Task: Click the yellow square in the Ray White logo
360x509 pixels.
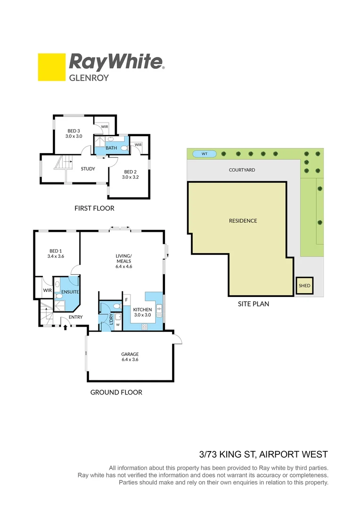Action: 51,67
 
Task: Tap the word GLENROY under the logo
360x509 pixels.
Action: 89,78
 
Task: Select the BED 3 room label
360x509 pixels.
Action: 74,131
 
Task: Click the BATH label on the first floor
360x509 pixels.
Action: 111,148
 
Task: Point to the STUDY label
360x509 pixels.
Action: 88,169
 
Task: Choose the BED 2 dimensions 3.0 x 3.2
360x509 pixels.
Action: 129,177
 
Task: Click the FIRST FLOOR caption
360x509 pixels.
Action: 94,208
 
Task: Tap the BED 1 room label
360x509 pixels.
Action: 56,251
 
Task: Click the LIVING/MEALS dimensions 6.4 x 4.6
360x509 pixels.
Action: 123,266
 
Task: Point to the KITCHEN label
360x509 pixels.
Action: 142,310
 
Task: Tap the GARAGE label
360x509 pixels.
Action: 129,354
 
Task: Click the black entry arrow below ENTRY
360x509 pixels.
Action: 65,326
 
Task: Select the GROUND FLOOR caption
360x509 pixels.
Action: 116,392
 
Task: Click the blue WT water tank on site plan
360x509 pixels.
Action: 205,154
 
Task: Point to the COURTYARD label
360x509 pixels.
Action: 242,170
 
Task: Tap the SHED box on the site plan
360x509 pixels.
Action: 304,286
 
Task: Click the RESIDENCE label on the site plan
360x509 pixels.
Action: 243,221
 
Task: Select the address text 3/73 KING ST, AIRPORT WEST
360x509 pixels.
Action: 263,454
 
